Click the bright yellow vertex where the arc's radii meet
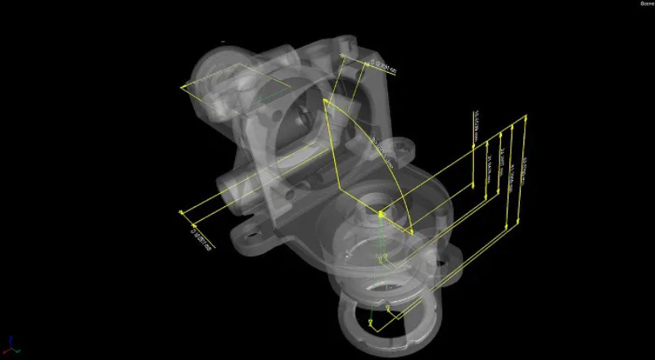click(x=382, y=214)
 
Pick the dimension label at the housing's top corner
click(x=382, y=65)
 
